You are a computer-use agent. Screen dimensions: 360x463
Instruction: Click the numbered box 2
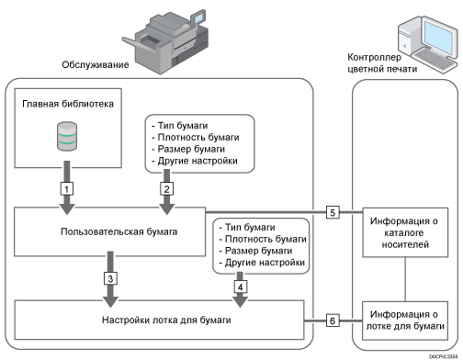pyautogui.click(x=166, y=187)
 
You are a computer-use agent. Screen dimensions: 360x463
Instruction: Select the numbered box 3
pyautogui.click(x=108, y=278)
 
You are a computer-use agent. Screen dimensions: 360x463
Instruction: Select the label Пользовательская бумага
pyautogui.click(x=109, y=232)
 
